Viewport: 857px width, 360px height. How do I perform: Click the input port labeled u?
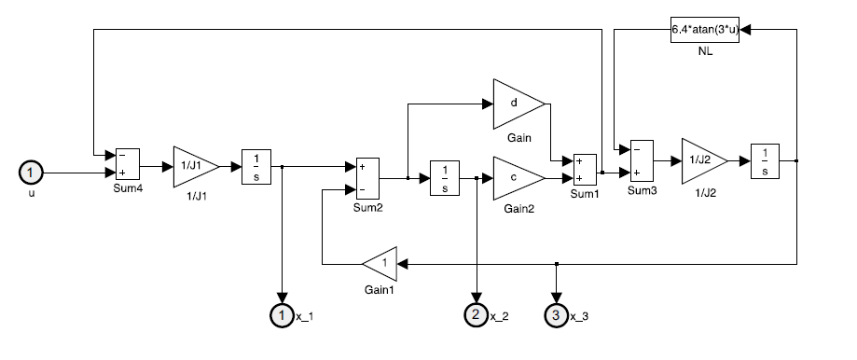(31, 173)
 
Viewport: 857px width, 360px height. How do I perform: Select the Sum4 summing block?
(128, 164)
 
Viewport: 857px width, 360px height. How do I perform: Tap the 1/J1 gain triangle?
(196, 167)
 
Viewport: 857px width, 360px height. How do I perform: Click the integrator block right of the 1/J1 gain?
(256, 167)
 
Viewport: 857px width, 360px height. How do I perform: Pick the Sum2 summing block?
(367, 178)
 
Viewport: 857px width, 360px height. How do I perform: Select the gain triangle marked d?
(518, 104)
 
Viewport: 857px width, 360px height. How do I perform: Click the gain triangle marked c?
(518, 178)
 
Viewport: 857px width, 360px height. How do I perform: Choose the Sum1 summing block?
(585, 170)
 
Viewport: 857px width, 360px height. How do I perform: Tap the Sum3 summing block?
(642, 160)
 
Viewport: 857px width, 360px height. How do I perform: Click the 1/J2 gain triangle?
(704, 160)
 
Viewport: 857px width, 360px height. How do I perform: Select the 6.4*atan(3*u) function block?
(705, 30)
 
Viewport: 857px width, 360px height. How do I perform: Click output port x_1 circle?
(282, 315)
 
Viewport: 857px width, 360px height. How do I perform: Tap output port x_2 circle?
(476, 315)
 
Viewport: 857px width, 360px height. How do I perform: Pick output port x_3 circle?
(557, 315)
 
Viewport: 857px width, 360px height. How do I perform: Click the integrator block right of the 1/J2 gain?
(765, 160)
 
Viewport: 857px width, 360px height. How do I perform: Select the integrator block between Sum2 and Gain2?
(444, 178)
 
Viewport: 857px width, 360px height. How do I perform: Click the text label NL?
(705, 52)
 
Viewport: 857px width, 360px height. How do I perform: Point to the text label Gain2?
(519, 208)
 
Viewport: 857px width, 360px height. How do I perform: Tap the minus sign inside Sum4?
(122, 155)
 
